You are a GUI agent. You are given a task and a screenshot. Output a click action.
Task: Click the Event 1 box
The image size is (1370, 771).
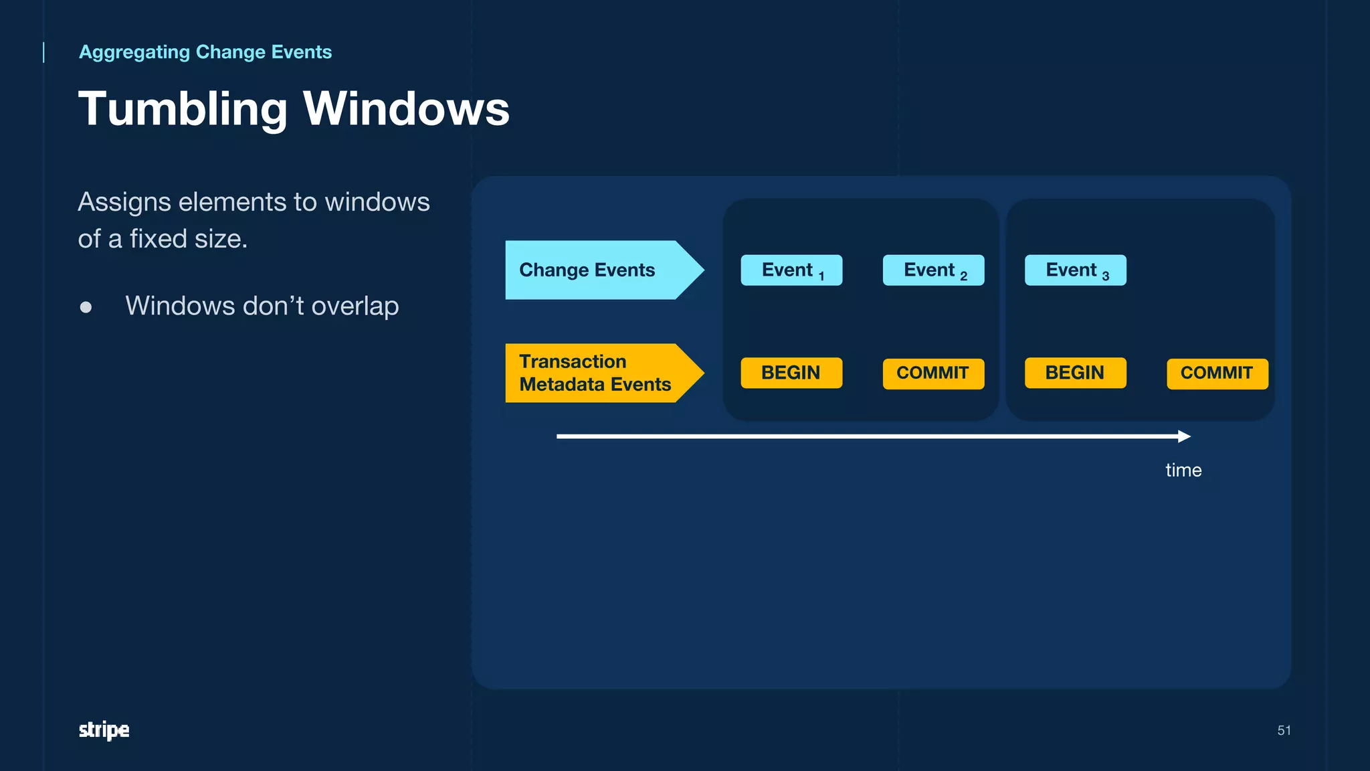click(x=791, y=270)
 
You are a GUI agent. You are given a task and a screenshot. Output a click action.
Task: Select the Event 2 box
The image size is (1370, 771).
click(x=933, y=270)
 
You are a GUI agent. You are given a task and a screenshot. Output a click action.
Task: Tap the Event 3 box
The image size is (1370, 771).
click(x=1075, y=270)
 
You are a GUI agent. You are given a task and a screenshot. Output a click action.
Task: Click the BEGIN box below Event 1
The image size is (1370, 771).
click(x=791, y=373)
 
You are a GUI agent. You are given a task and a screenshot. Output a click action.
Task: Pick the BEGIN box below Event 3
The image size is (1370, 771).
click(x=1075, y=373)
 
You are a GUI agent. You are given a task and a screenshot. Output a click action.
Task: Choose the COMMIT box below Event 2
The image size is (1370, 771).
click(x=933, y=373)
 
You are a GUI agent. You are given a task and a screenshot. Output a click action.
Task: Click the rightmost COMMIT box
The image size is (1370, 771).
click(x=1217, y=373)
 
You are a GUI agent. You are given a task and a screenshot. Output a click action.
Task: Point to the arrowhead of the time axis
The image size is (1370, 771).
click(x=1185, y=436)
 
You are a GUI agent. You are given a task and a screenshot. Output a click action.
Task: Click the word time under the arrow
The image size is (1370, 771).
click(x=1183, y=470)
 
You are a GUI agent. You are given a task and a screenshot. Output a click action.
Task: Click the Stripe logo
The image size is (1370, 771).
click(x=104, y=730)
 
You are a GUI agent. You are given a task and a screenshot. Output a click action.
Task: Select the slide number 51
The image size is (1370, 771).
click(x=1284, y=730)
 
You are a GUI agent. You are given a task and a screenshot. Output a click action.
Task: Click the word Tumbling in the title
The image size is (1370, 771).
click(x=183, y=109)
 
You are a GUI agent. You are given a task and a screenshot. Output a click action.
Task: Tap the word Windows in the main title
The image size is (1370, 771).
click(x=406, y=109)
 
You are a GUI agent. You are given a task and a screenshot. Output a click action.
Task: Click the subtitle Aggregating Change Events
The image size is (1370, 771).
click(x=205, y=52)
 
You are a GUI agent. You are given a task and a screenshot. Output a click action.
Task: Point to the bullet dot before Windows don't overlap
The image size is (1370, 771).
click(x=86, y=307)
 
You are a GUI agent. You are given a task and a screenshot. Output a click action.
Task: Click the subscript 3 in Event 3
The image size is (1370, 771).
click(x=1106, y=276)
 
